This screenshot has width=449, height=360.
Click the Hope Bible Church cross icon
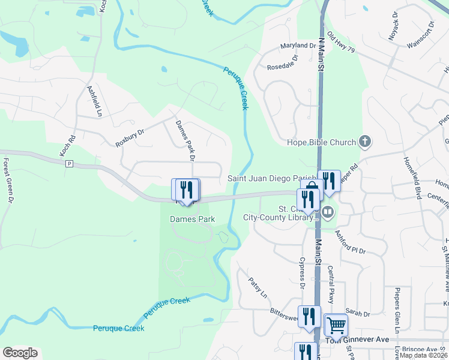point(364,142)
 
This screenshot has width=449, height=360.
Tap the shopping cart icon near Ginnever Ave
point(336,325)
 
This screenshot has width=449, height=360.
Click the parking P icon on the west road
point(69,163)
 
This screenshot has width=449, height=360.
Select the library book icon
point(328,211)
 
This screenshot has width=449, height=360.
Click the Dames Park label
point(192,220)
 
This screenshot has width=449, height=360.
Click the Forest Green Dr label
point(7,180)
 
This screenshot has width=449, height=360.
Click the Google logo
point(20,353)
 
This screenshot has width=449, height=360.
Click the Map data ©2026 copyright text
point(423,355)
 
